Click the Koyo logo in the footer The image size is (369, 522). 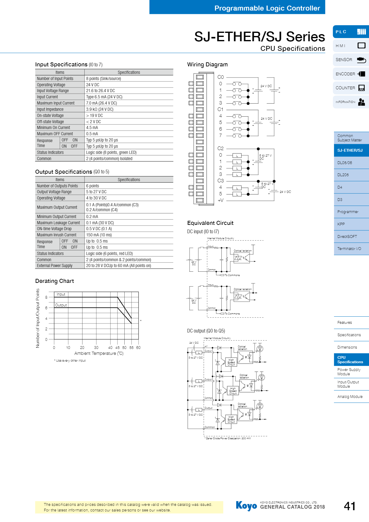[x=246, y=506]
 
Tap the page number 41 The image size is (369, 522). [x=349, y=506]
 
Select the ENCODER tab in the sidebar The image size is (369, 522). [x=351, y=74]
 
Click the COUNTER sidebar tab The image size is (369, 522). [x=351, y=88]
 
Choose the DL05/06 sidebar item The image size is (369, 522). [x=345, y=163]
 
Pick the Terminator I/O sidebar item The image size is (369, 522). [x=349, y=249]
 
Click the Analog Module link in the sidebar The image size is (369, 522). [x=350, y=397]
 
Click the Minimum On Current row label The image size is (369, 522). [x=53, y=127]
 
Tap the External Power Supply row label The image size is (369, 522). [x=55, y=265]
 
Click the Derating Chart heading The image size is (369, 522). [x=55, y=281]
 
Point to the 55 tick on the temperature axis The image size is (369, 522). [x=131, y=348]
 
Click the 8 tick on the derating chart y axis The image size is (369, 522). [x=47, y=297]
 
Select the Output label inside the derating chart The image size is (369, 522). [x=61, y=305]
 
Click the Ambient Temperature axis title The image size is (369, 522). [x=99, y=353]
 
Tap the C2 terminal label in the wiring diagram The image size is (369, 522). [x=220, y=149]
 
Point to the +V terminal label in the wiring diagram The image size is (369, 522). [x=220, y=200]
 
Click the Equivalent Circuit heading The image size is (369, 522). [x=210, y=223]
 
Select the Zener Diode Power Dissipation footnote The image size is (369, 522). [x=228, y=438]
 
